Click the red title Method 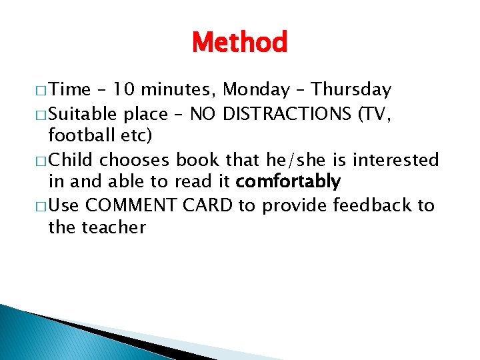pyautogui.click(x=239, y=42)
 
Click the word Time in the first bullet pyautogui.click(x=71, y=90)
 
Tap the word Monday pyautogui.click(x=257, y=90)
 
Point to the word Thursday pyautogui.click(x=351, y=90)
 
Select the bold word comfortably pyautogui.click(x=288, y=182)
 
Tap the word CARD pyautogui.click(x=208, y=205)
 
